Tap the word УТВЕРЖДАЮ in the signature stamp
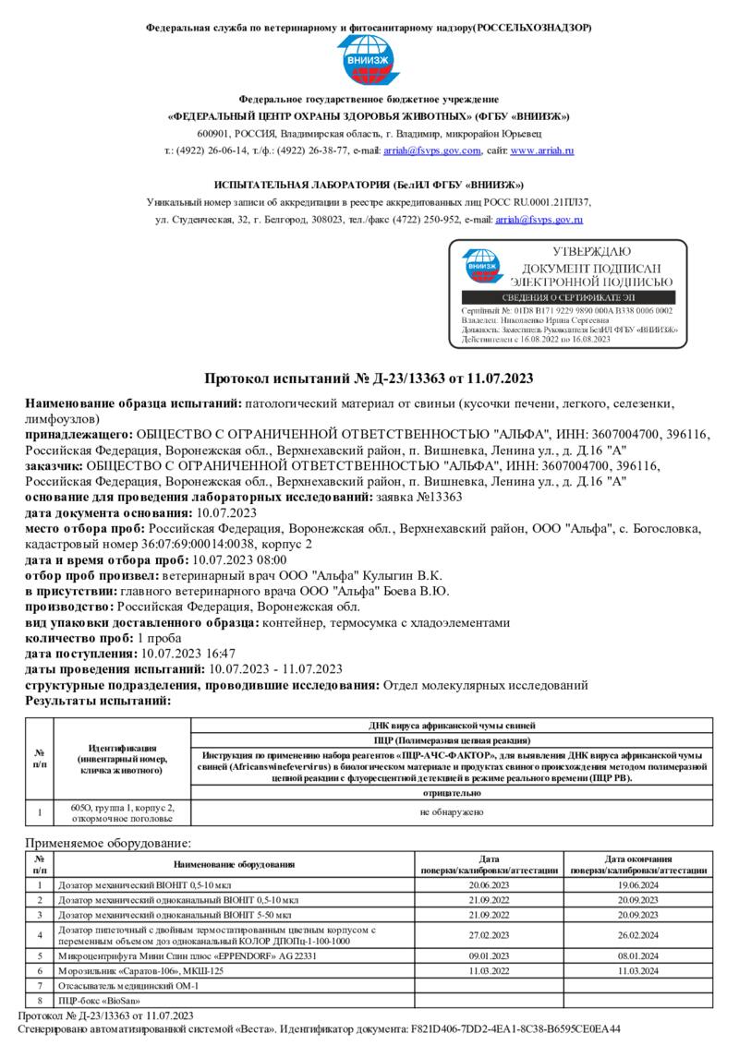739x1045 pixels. tap(591, 251)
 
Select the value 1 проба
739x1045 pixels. tap(159, 638)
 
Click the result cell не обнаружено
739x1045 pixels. tap(451, 812)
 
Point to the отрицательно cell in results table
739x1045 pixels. tap(451, 792)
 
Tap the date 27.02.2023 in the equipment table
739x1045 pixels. tap(490, 934)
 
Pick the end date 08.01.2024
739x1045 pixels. tap(638, 956)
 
